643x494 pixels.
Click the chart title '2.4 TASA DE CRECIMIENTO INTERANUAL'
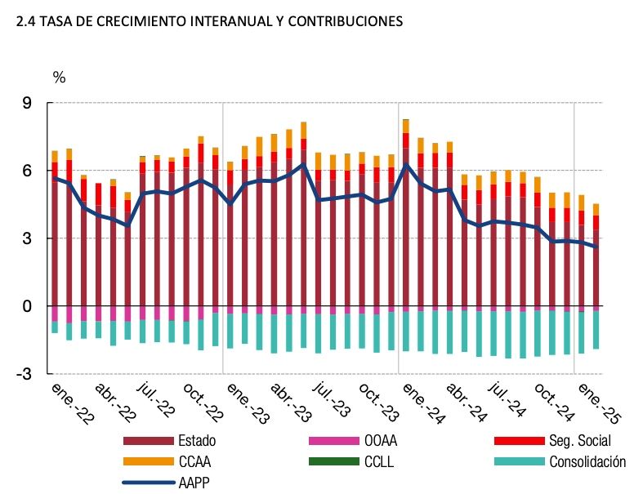209,23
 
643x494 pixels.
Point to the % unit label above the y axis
59,78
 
